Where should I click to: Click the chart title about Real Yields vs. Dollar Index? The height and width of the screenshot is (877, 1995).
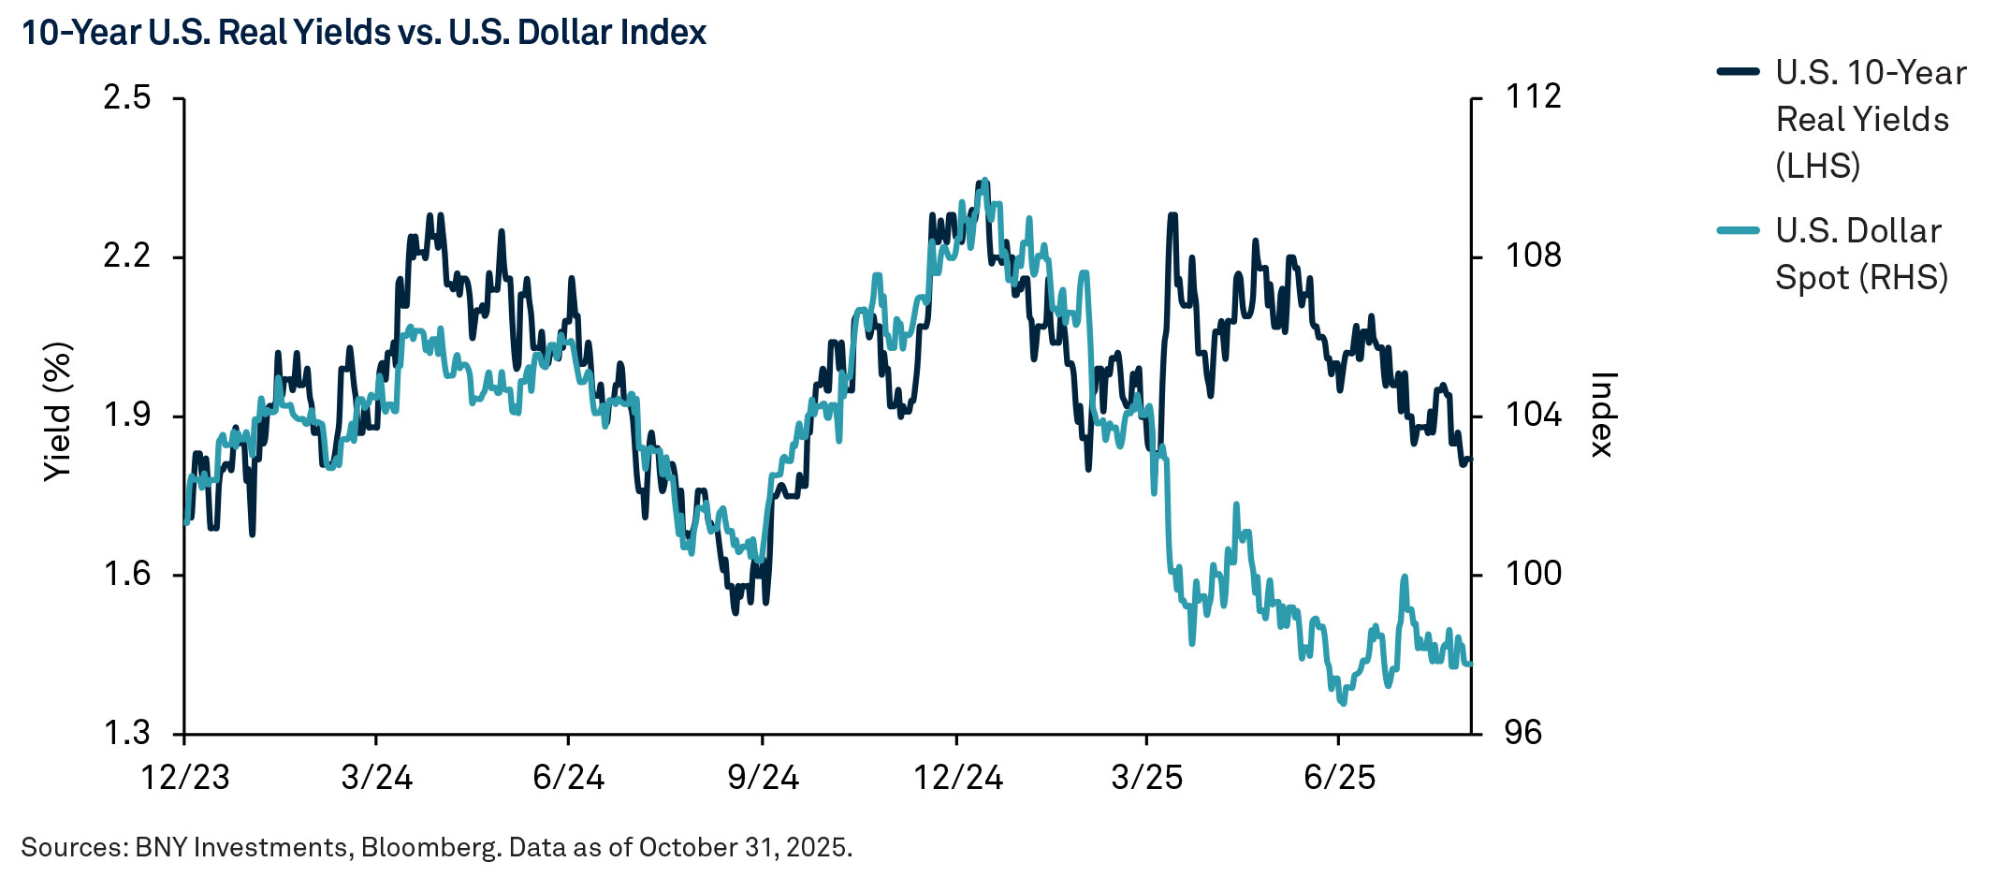(363, 33)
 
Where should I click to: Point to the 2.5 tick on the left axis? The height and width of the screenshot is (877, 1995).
(127, 97)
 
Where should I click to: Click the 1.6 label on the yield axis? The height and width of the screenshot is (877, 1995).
(127, 574)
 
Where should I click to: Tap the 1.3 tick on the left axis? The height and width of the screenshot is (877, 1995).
(127, 733)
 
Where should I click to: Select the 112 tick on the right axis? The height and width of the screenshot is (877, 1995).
(1533, 96)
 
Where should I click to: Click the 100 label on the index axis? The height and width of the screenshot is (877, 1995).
(1533, 574)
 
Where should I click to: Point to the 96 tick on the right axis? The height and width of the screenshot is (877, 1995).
(1523, 733)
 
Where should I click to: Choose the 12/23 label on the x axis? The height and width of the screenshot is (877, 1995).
(184, 777)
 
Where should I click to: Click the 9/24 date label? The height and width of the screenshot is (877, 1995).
(763, 777)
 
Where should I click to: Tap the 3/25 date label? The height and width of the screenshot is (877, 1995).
(1146, 777)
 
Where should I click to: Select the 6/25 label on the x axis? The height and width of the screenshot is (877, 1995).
(1339, 777)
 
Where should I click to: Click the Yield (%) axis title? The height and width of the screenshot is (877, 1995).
(58, 412)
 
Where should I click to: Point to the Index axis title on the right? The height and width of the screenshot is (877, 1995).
(1602, 415)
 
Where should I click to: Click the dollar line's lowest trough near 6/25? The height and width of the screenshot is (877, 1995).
(1343, 703)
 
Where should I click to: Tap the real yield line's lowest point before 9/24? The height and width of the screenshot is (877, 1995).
(735, 612)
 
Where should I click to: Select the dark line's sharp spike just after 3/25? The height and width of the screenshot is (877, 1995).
(1172, 215)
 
